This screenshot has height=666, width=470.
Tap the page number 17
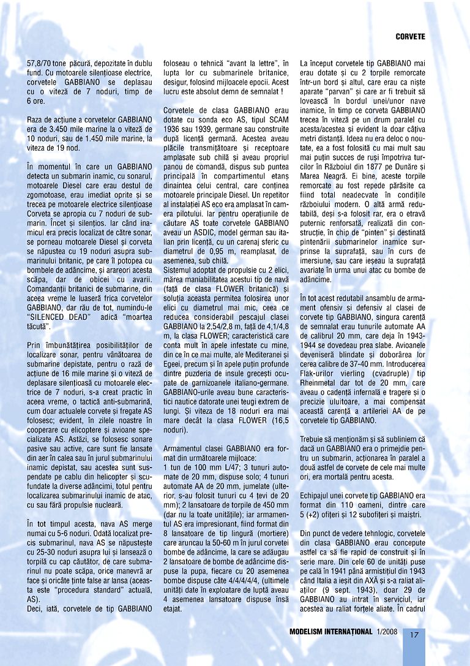(x=414, y=634)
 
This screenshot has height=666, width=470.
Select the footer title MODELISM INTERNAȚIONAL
(x=331, y=632)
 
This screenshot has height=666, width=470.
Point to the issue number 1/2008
(x=388, y=632)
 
